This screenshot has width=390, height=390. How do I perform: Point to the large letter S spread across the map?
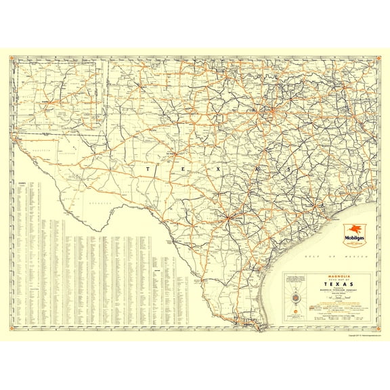[288, 169]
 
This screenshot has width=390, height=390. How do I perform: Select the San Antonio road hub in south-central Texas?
[230, 217]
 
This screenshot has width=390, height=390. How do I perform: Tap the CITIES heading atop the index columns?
[22, 183]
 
